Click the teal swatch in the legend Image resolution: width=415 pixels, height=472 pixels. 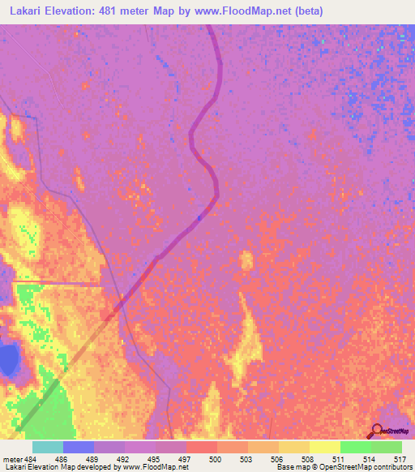[48, 447]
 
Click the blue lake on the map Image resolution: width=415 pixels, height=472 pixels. [8, 358]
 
